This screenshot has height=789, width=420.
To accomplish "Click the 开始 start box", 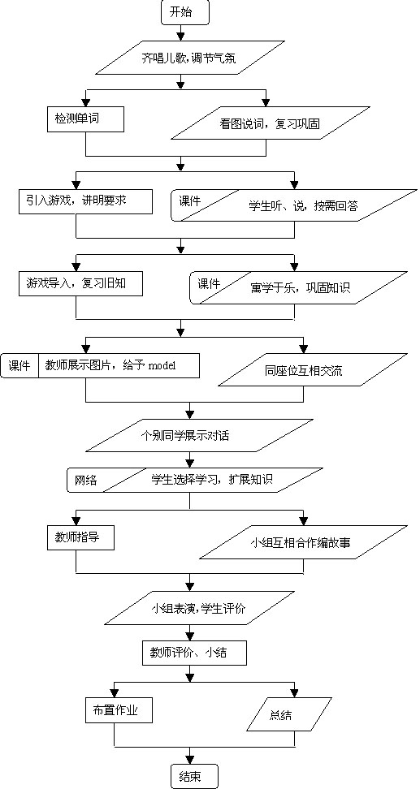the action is point(184,12).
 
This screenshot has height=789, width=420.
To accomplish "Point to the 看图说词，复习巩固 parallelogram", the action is point(271,123).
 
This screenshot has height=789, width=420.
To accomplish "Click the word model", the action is point(162,366).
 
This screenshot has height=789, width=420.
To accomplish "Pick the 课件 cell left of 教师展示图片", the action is point(20,366).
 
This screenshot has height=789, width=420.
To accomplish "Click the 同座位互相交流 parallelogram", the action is point(312,370).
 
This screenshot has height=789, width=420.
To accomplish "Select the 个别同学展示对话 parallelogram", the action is point(184,436).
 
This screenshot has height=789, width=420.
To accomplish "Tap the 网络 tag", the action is point(85,481).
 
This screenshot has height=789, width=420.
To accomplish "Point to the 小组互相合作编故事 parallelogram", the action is point(303,543).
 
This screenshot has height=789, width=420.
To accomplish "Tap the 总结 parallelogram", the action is point(289,714).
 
